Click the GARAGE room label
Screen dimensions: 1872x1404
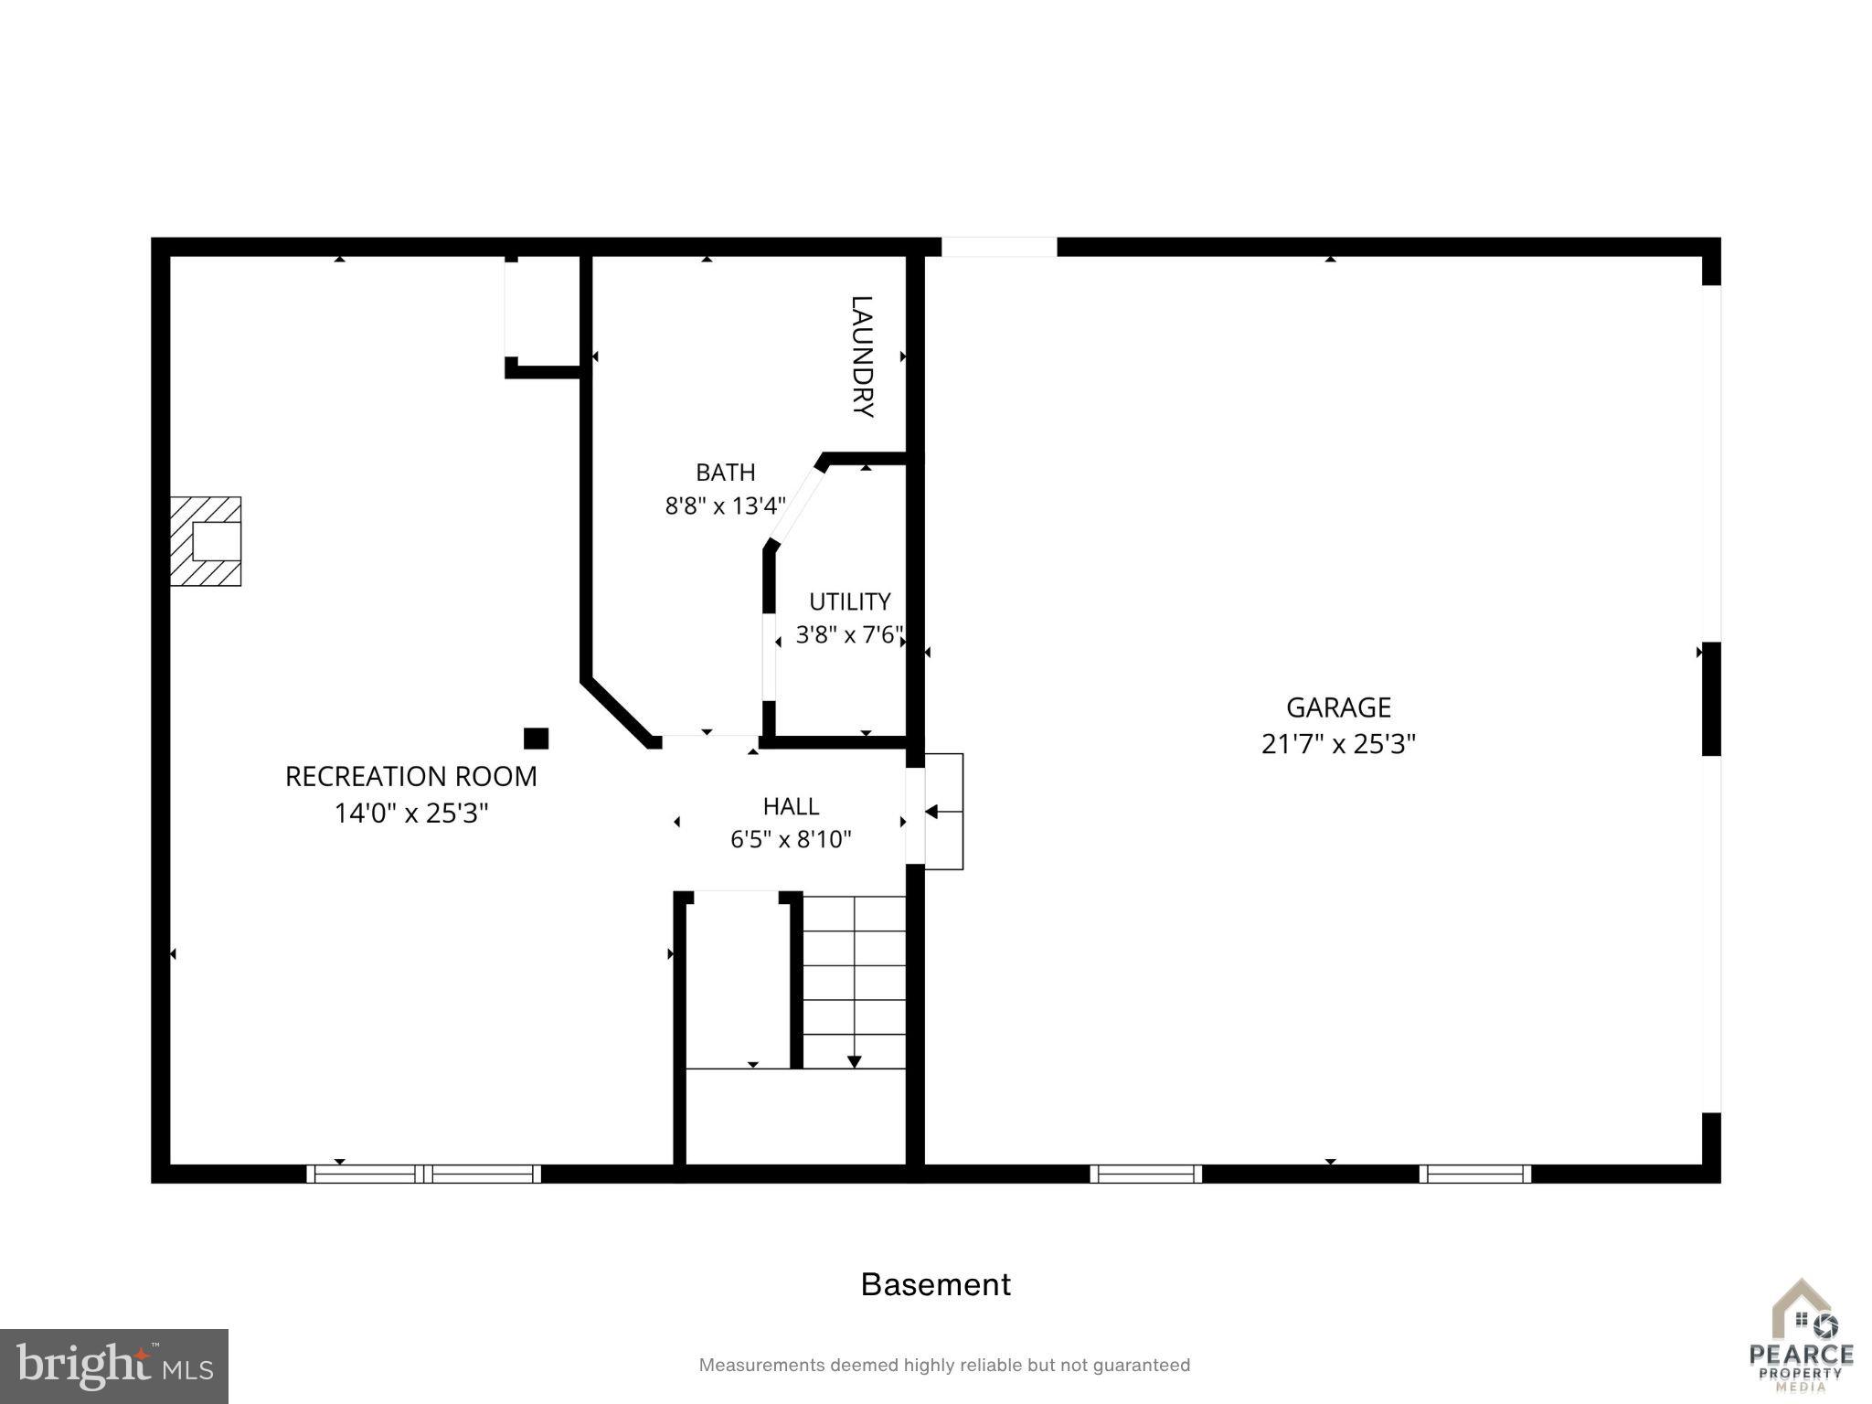click(x=1338, y=707)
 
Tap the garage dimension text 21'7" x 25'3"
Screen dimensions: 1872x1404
click(x=1338, y=744)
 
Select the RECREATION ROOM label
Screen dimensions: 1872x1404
click(x=411, y=777)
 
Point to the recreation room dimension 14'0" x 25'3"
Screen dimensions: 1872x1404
click(x=411, y=814)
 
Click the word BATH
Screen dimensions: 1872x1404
click(x=726, y=473)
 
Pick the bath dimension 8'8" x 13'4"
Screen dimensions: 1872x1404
click(x=726, y=505)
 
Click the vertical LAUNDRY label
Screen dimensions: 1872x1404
click(x=862, y=356)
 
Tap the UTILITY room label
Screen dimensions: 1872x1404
click(x=850, y=601)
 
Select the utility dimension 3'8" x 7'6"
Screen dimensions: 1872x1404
click(x=850, y=634)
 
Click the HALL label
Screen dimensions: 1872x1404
click(x=791, y=806)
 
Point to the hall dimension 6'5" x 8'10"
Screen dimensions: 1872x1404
click(x=791, y=839)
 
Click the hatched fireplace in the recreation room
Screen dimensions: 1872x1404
click(x=206, y=541)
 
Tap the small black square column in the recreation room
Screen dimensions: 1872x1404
click(x=536, y=739)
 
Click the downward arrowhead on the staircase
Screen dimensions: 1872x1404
click(x=854, y=1061)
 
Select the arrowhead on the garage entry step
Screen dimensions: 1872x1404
click(x=931, y=812)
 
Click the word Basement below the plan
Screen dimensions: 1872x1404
click(x=936, y=1284)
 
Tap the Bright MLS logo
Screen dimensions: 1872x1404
click(x=114, y=1367)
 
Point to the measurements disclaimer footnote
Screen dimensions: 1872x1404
click(x=944, y=1366)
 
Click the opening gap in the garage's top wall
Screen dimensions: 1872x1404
click(x=999, y=247)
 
